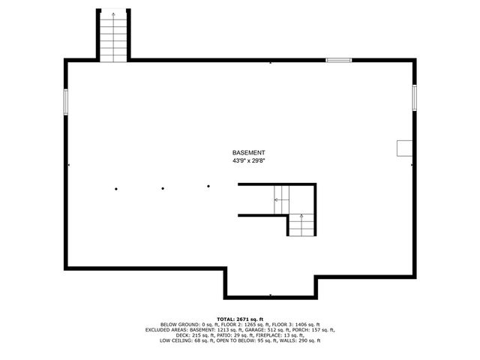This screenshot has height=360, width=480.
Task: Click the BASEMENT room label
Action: pos(248,152)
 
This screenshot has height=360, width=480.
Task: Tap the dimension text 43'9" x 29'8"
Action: pos(248,160)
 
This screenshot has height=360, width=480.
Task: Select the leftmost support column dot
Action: pos(115,188)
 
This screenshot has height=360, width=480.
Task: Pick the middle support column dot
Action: pos(163,187)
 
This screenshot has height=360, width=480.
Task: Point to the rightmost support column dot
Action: pos(208,186)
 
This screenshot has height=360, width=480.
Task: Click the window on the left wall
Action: pos(66,101)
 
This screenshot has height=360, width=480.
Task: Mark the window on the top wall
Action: pos(338,60)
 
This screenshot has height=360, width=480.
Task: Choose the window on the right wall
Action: pos(414,97)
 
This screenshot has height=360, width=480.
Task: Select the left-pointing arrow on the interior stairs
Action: pos(277,199)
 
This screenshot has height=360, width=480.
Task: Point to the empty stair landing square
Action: pos(301,198)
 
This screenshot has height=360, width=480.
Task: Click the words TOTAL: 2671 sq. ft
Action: pos(240,319)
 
